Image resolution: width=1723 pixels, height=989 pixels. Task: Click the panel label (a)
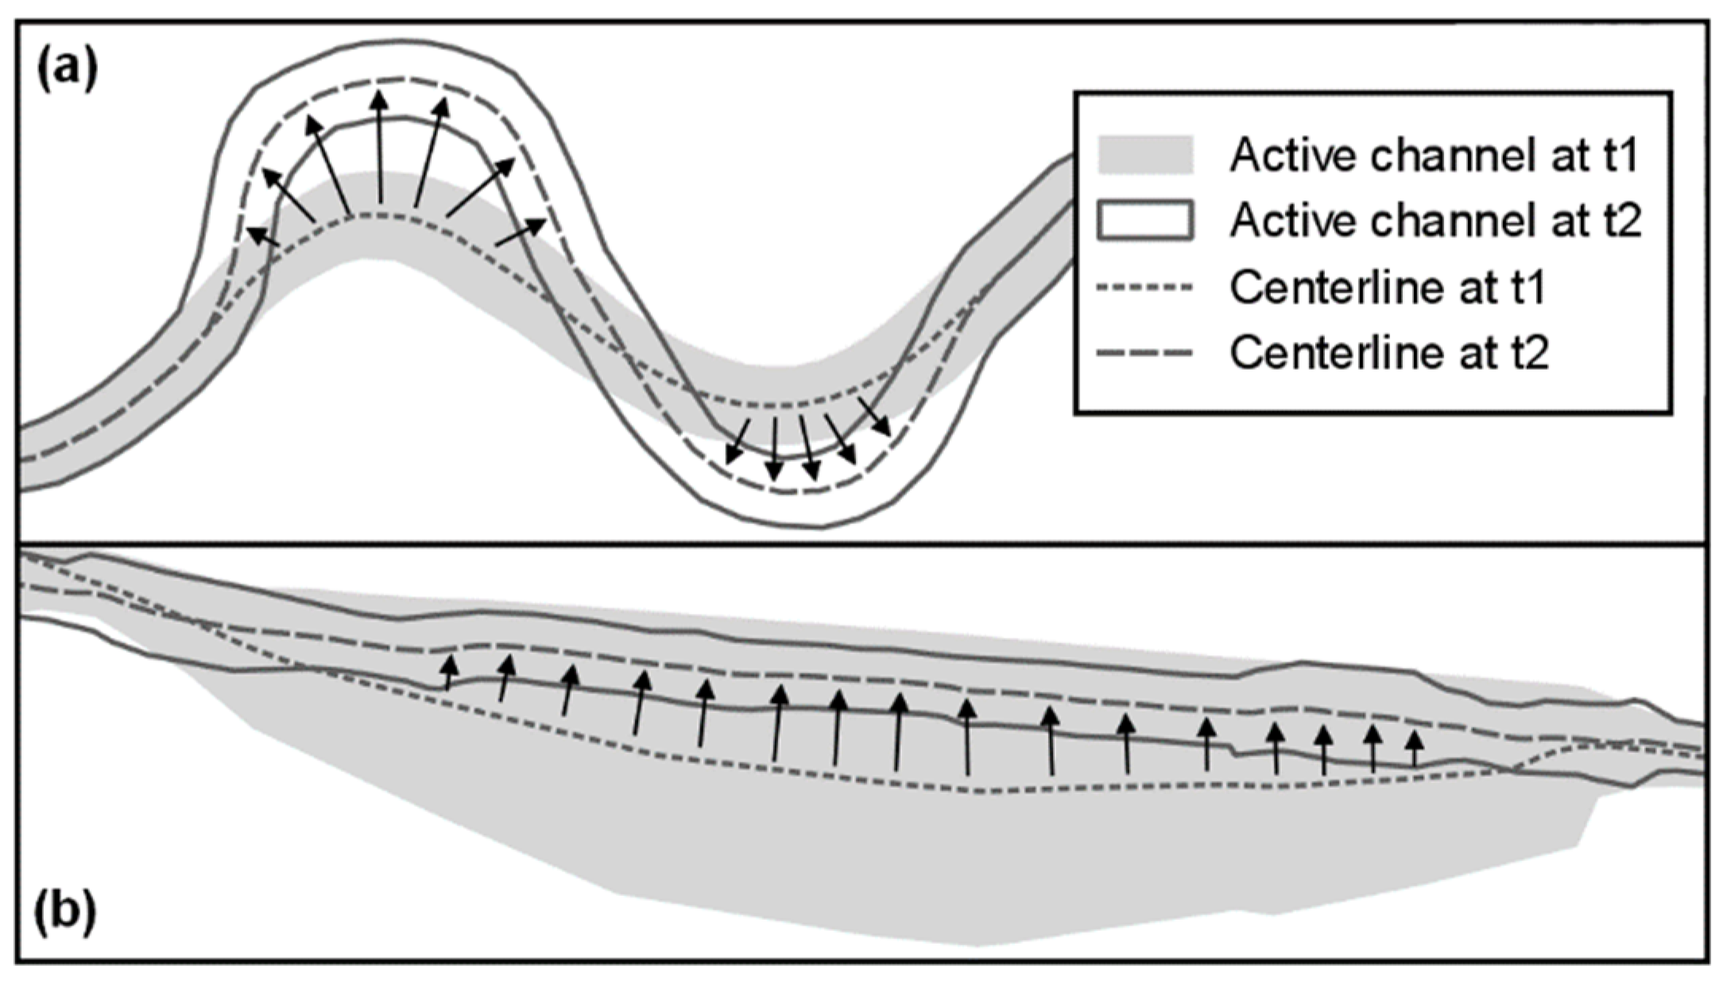pos(68,70)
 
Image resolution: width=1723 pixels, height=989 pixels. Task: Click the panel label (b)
pos(66,913)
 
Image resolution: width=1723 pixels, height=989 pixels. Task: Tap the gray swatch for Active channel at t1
pos(1144,155)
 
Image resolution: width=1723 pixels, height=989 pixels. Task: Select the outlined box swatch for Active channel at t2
pos(1144,220)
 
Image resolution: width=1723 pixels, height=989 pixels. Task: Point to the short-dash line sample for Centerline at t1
pos(1144,287)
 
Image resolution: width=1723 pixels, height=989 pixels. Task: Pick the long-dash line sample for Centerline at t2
pos(1144,353)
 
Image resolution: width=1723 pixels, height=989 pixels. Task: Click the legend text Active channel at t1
pos(1435,155)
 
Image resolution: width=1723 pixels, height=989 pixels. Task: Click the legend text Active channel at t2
pos(1435,220)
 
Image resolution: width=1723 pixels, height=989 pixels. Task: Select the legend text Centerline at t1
pos(1387,287)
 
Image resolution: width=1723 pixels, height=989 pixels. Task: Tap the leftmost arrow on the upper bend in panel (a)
pos(263,236)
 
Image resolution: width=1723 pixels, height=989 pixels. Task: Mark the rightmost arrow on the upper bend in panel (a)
pos(521,232)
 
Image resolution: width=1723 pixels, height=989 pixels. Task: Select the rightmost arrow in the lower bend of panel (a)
pos(874,417)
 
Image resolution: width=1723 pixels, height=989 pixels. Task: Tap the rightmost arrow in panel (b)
pos(1413,749)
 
